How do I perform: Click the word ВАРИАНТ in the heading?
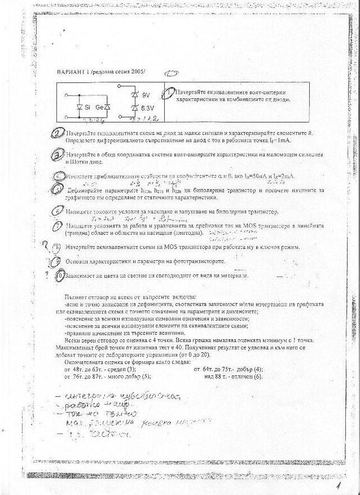pyautogui.click(x=70, y=73)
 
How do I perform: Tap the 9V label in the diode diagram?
pyautogui.click(x=146, y=94)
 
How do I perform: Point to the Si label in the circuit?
pyautogui.click(x=87, y=107)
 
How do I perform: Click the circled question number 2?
pyautogui.click(x=56, y=133)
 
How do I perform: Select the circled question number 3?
pyautogui.click(x=56, y=155)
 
